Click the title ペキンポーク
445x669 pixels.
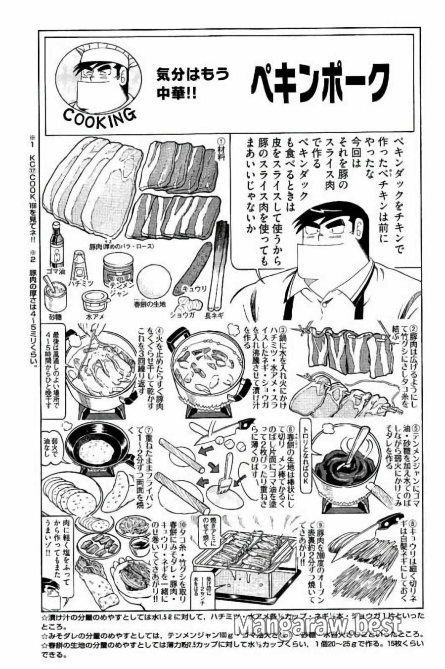[319, 80]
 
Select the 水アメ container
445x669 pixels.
[95, 301]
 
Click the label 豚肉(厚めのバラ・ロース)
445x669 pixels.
[129, 246]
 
